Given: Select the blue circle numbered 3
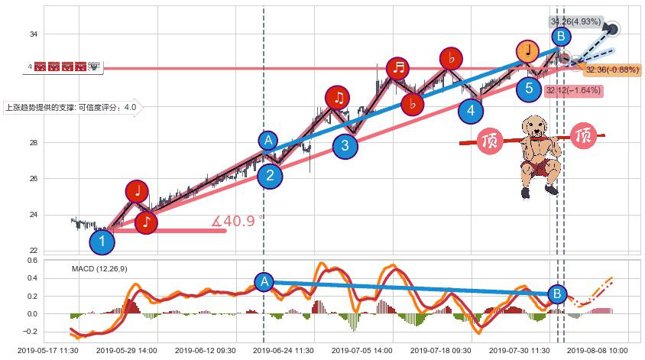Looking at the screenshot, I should (x=345, y=145).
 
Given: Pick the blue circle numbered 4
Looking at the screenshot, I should (x=471, y=111).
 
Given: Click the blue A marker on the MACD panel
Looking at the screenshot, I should (x=264, y=281).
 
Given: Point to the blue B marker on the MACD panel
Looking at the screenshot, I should (x=558, y=293).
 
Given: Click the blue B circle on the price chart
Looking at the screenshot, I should (x=561, y=36).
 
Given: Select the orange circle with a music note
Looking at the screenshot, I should (x=527, y=50).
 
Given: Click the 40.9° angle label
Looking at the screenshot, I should (x=238, y=222).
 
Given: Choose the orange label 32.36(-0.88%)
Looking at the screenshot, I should (x=612, y=70).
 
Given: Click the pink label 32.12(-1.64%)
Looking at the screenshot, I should (x=573, y=91).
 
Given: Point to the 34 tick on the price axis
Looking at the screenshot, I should (x=34, y=34).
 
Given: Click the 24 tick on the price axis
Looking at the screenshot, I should (x=34, y=215).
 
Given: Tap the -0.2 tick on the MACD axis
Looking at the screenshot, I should (x=30, y=332).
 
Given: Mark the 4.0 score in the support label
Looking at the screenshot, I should (x=130, y=108).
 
